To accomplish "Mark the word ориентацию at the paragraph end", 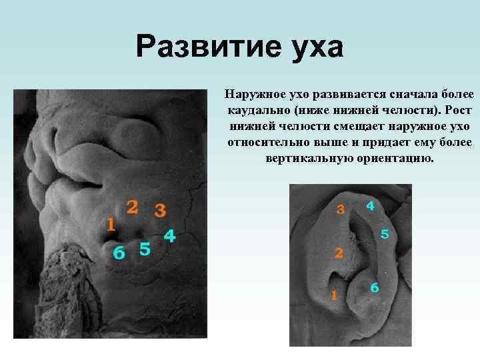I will click(399, 159).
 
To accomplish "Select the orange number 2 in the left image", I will click(133, 207).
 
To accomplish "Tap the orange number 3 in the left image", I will click(160, 211).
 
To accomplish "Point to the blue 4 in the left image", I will click(169, 236).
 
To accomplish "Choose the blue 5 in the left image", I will click(145, 249).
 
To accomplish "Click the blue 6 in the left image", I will click(119, 253).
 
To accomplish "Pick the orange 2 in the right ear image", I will click(339, 253).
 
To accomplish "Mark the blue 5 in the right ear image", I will click(385, 235).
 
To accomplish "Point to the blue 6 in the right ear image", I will click(375, 288).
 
